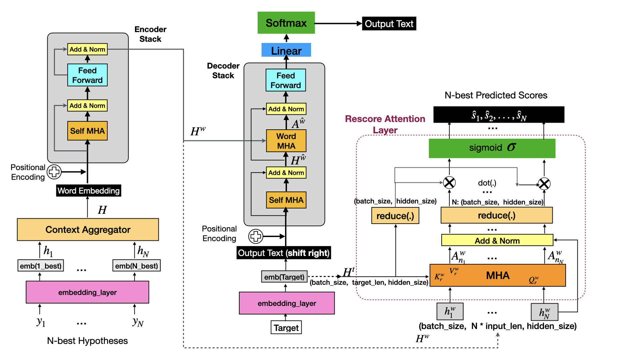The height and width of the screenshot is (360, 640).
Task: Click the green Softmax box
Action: point(286,23)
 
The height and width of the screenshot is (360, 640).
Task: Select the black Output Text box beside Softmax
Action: point(389,24)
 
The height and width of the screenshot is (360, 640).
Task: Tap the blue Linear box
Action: point(286,50)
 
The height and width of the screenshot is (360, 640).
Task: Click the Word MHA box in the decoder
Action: point(286,141)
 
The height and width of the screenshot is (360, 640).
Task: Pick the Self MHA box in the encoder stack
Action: point(87,131)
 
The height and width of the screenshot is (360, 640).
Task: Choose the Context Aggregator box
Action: point(88,229)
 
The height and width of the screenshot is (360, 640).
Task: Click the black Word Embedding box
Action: point(88,191)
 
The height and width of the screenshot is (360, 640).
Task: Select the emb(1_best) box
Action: point(41,266)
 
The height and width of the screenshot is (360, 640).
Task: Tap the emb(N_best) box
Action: point(136,266)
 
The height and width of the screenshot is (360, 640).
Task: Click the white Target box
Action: point(286,328)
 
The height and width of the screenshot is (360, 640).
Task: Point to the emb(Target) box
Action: point(284,277)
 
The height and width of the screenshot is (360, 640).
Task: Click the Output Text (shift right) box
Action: point(284,253)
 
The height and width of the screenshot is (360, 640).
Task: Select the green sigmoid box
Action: point(492,148)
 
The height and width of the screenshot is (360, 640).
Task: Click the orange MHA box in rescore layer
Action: point(497,275)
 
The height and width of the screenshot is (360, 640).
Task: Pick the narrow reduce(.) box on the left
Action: point(395,216)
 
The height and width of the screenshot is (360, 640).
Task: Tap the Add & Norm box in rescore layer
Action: point(497,240)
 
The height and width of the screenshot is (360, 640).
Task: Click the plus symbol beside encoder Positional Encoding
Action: point(54,172)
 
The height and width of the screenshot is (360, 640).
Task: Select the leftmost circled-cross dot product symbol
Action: point(449,182)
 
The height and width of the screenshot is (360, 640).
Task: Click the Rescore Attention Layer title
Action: point(385,124)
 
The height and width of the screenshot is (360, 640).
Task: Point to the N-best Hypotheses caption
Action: point(87,341)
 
